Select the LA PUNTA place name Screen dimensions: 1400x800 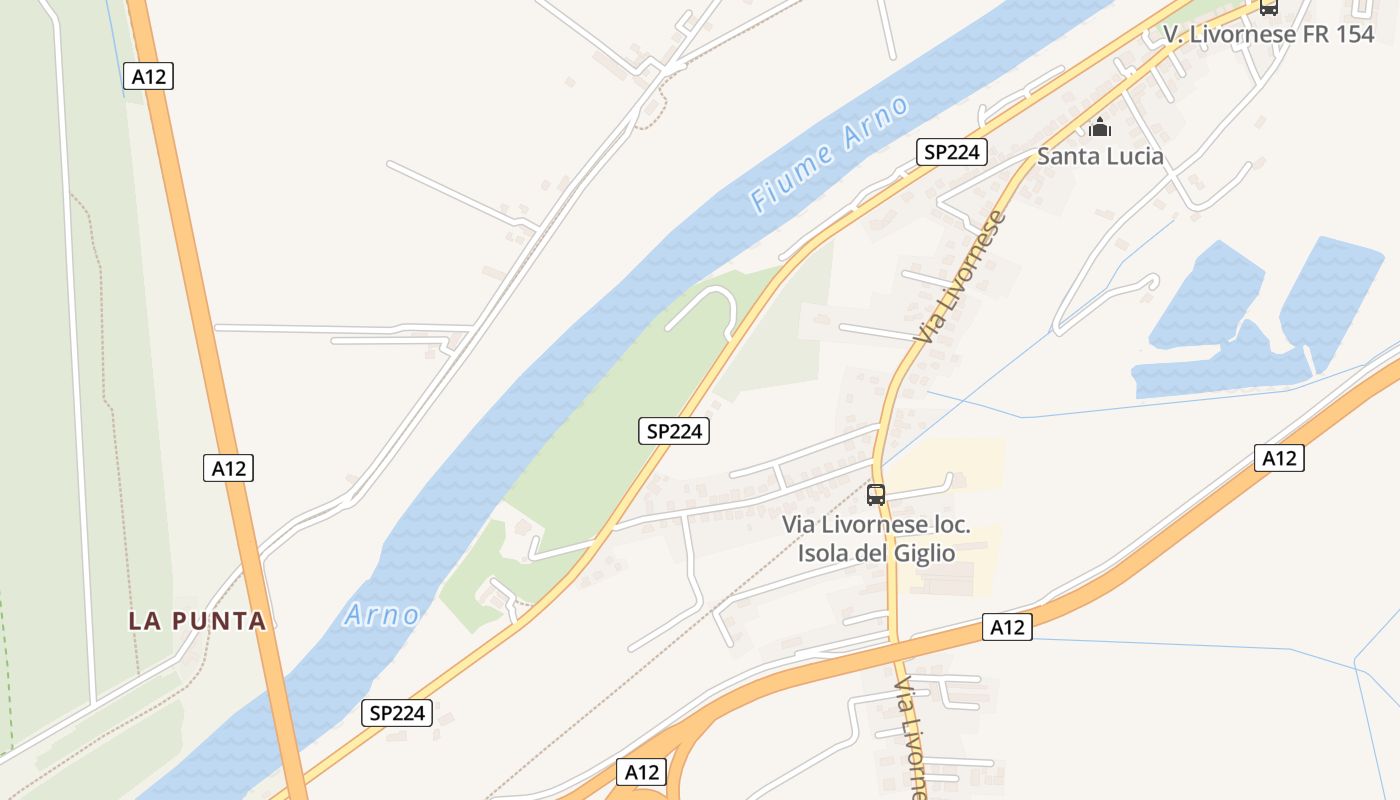coord(197,621)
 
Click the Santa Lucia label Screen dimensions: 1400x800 coord(1100,156)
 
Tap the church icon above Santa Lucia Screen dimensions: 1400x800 coord(1100,127)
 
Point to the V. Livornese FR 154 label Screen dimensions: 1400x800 coord(1268,34)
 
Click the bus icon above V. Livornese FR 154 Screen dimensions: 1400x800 coord(1268,7)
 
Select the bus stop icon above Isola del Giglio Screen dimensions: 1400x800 coord(876,494)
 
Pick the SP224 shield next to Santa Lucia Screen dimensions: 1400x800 coord(952,152)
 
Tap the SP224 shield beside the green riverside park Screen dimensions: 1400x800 coord(673,431)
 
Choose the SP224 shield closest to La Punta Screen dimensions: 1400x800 coord(396,713)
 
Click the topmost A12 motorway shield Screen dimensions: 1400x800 coord(149,76)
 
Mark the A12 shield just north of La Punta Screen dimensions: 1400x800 coord(228,467)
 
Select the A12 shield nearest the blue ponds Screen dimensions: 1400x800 coord(1279,458)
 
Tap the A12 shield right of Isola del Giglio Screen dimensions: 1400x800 coord(1007,627)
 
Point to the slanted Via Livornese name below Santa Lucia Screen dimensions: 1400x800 coord(958,277)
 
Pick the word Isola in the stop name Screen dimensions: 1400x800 coord(826,553)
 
